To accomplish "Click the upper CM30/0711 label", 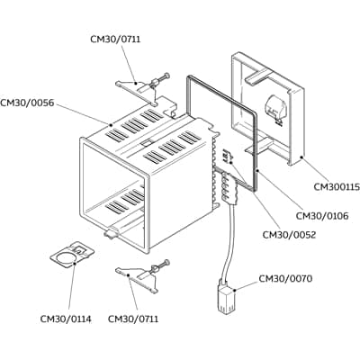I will click(115, 39).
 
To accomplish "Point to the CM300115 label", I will click(337, 187).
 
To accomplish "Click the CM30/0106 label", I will click(323, 216).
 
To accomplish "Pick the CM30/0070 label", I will click(285, 279).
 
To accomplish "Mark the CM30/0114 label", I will click(65, 319).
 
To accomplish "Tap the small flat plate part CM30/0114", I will click(69, 256).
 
